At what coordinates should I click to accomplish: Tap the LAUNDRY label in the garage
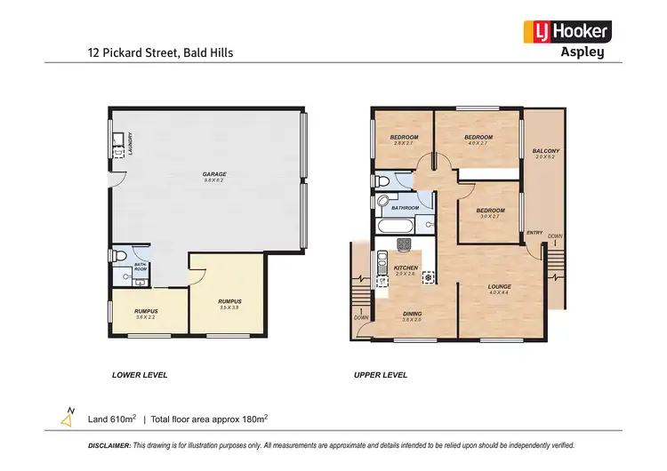tap(131, 142)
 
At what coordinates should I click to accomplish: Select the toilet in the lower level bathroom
tap(121, 256)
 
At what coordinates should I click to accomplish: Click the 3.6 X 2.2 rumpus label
tap(147, 313)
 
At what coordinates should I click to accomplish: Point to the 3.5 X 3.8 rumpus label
tap(229, 304)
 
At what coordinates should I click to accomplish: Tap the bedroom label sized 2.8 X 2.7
tap(405, 140)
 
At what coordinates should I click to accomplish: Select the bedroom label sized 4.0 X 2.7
tap(478, 140)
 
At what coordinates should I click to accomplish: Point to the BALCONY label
tap(545, 154)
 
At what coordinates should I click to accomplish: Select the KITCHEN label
tap(406, 270)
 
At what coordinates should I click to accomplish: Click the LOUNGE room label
tap(499, 289)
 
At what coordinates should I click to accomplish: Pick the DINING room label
tap(411, 316)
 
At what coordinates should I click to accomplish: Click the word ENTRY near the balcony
tap(534, 233)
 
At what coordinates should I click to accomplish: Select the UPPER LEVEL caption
tap(381, 375)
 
